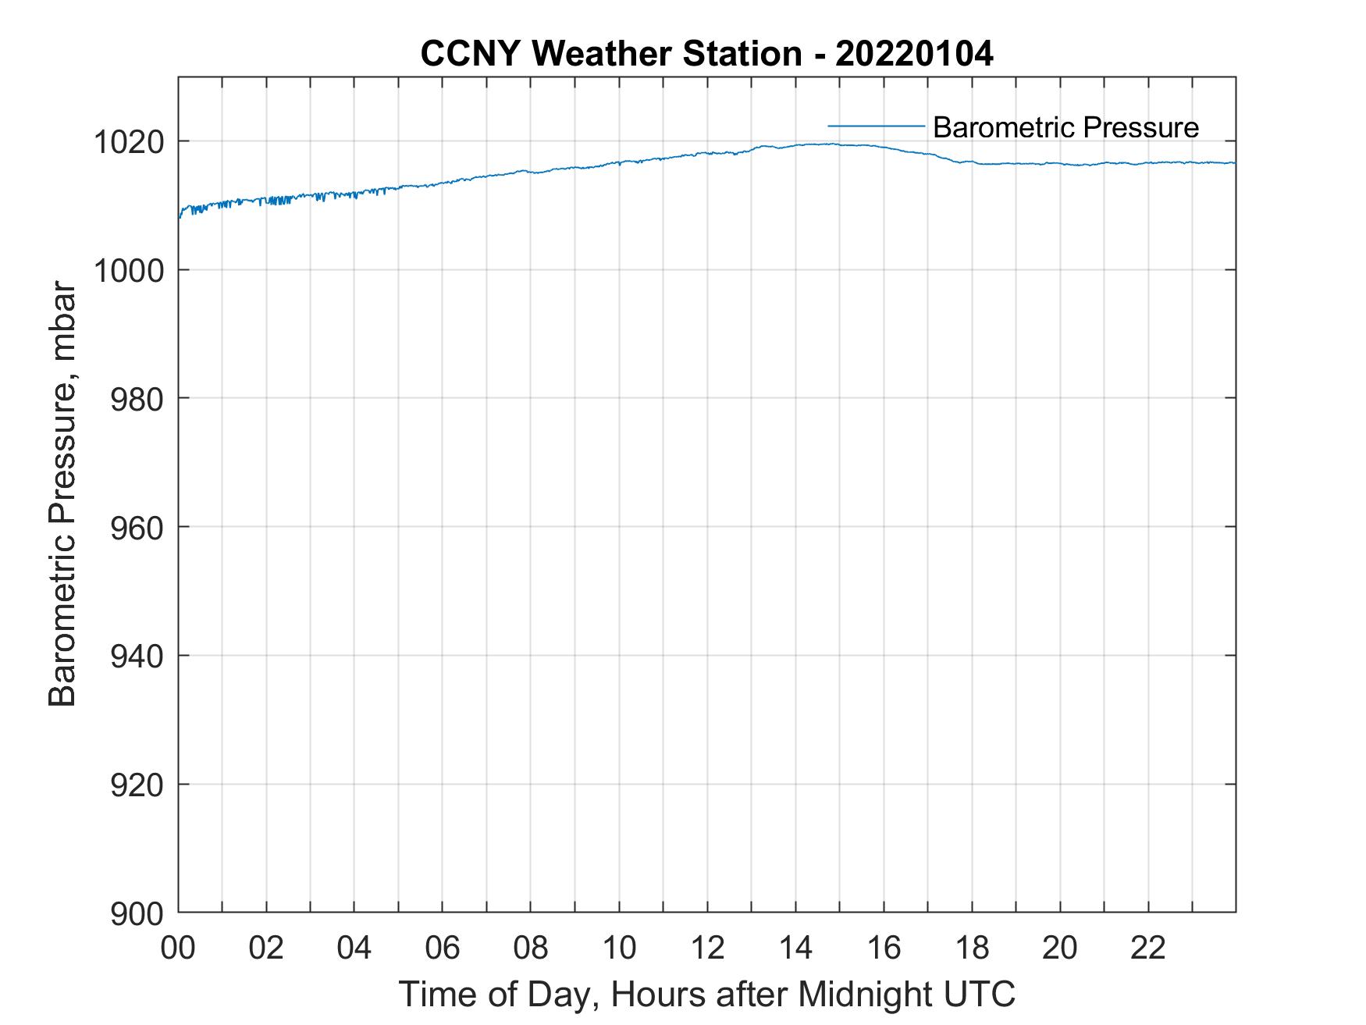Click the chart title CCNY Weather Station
coord(610,54)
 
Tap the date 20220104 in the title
coord(914,54)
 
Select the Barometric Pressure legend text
coord(1065,127)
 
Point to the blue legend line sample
coord(876,126)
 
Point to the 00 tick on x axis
coord(178,948)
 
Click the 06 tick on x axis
coord(443,948)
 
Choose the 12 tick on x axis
coord(707,948)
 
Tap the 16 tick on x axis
coord(884,948)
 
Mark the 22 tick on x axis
coord(1148,948)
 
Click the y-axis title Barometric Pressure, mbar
coord(62,495)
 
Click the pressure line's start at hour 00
coord(180,216)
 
